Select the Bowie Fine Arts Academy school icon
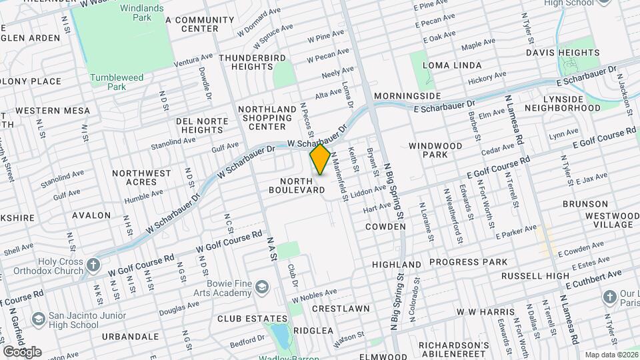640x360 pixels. point(261,288)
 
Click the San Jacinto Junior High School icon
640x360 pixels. point(39,319)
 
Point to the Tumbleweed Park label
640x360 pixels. point(117,82)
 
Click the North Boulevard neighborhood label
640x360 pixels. point(297,185)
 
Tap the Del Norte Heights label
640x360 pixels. point(202,125)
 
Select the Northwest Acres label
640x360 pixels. point(141,177)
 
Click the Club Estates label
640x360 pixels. point(247,319)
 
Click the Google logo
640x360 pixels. point(22,351)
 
